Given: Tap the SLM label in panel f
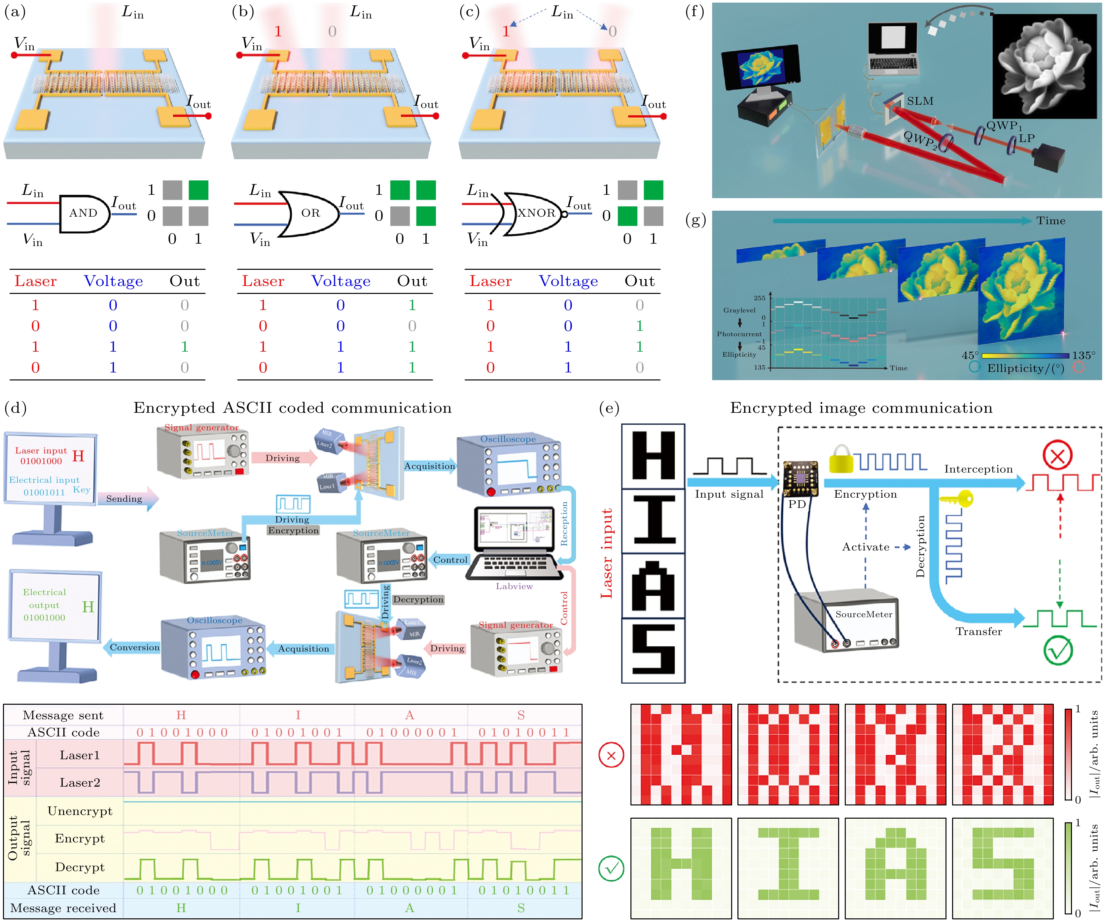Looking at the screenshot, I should coord(920,101).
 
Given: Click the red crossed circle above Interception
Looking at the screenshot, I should coord(1057,455).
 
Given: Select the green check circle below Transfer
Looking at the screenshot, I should coord(1058,651).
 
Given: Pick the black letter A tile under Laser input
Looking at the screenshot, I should coord(653,586).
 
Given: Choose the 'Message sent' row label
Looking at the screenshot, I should coord(63,715).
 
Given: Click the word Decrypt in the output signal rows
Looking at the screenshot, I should coord(80,867).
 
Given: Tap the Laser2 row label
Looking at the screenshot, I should coord(80,783).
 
